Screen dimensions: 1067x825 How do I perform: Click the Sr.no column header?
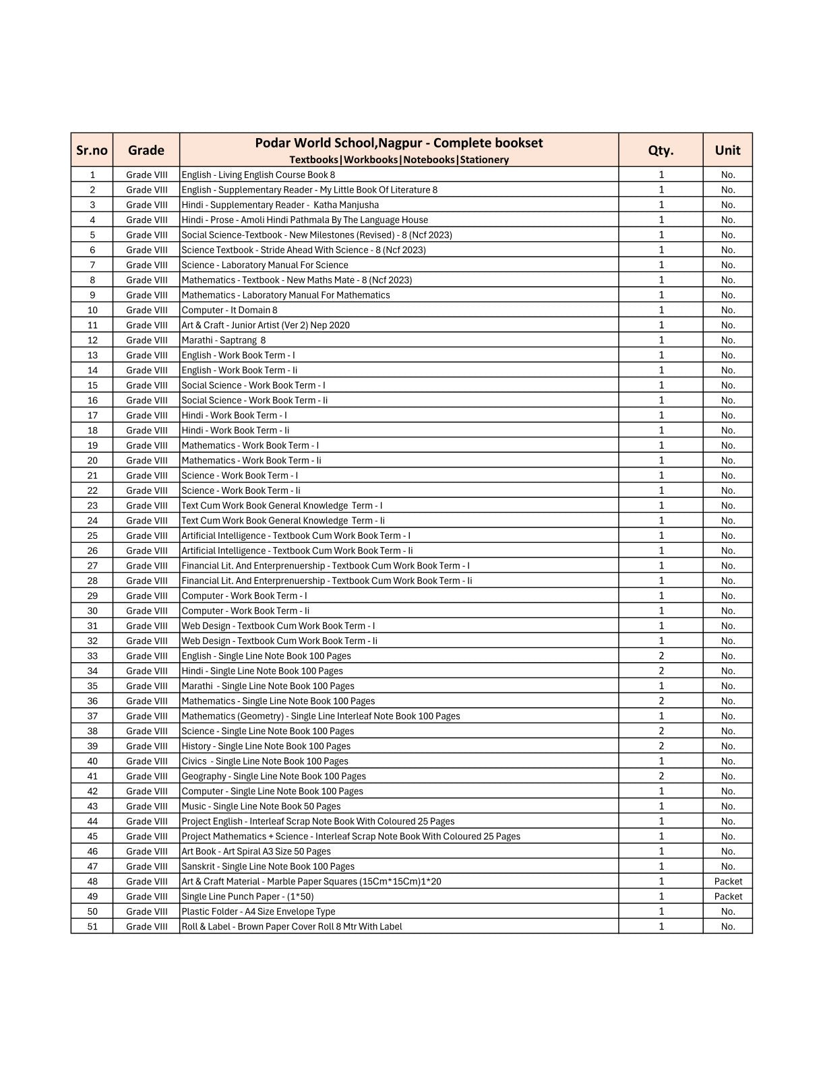92,150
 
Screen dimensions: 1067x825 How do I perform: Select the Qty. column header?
661,150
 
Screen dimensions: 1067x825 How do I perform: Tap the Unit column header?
727,150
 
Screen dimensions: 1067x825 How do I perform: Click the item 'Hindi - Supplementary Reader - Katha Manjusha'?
280,205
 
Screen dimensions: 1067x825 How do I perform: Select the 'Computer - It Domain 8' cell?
230,310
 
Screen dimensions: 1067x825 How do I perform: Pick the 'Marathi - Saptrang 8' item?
224,340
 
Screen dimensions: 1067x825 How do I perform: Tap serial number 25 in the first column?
92,536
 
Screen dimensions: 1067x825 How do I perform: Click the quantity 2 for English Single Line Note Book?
661,655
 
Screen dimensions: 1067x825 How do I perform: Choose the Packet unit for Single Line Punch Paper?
728,897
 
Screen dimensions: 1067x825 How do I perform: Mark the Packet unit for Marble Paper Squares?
728,881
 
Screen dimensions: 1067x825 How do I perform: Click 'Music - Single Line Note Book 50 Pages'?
262,806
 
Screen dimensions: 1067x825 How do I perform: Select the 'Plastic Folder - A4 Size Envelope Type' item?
259,911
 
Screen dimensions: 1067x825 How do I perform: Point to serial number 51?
92,926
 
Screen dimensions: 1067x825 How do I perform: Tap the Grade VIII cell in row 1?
147,174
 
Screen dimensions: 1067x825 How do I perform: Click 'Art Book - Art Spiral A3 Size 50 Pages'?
256,851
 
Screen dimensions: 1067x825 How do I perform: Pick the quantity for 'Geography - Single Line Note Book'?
661,776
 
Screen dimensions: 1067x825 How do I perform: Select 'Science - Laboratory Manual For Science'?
265,265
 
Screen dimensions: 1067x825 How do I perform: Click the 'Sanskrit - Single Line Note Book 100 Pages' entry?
268,866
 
